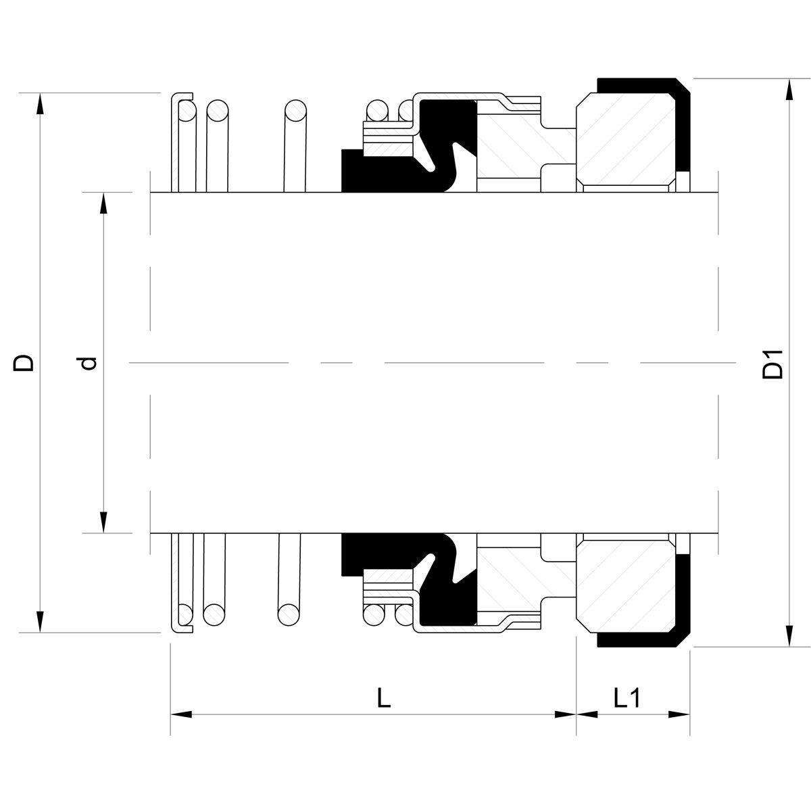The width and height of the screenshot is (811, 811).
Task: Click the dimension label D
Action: [24, 362]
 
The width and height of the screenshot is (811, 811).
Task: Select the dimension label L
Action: [383, 697]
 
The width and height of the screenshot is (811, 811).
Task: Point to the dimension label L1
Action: [627, 697]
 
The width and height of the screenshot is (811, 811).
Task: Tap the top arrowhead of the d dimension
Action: [103, 203]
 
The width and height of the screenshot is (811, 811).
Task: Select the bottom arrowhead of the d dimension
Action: [103, 522]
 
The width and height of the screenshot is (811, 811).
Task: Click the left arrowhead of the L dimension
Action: [181, 714]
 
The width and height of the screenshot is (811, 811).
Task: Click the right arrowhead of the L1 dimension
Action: [679, 714]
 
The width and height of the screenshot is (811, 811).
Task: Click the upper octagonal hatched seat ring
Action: [625, 139]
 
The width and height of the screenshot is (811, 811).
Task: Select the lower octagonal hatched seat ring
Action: [625, 587]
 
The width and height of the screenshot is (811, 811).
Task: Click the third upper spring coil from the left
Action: [295, 145]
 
